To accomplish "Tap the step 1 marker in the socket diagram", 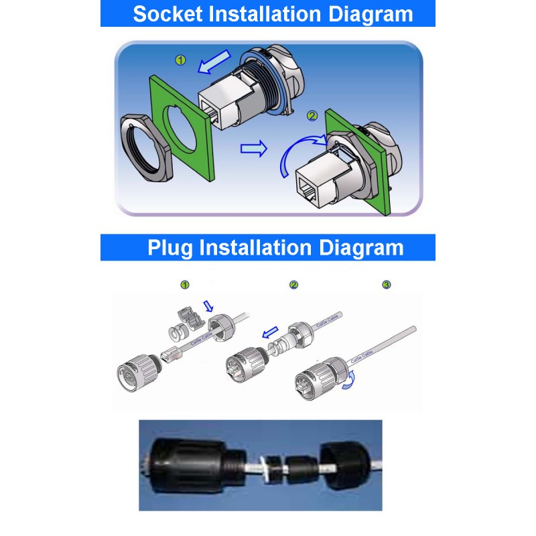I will pos(180,60).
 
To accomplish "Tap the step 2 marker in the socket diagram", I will pos(312,115).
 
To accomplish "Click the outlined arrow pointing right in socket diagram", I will pos(253,148).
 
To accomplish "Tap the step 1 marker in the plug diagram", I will pos(185,285).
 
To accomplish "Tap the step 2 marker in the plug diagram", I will pos(293,285).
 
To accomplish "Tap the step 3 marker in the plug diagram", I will pos(386,285).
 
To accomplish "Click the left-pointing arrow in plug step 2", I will pos(269,332).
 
